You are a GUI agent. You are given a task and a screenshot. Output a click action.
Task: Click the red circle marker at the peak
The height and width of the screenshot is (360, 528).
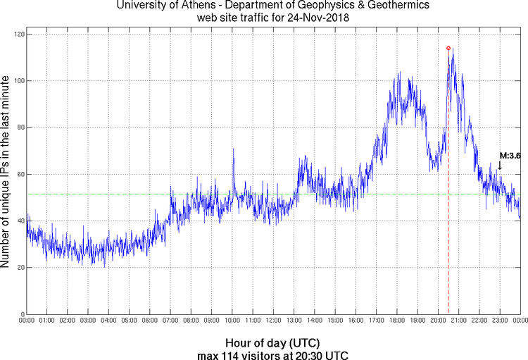pos(448,48)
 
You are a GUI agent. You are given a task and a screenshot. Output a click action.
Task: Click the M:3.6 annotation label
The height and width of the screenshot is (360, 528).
pos(510,156)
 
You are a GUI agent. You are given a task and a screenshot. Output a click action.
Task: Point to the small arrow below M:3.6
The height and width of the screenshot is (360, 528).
pos(500,166)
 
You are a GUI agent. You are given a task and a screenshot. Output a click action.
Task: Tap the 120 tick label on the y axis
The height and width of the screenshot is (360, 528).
pos(18,34)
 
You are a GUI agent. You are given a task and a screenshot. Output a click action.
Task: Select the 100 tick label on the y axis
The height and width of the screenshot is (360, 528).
pos(18,80)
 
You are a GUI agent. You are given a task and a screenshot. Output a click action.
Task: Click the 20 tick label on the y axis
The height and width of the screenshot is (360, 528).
pos(20,268)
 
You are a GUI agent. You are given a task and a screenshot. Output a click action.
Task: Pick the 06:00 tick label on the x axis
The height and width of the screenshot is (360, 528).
pos(150,321)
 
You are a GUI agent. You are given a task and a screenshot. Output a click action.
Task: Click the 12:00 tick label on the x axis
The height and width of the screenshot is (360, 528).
pos(273,321)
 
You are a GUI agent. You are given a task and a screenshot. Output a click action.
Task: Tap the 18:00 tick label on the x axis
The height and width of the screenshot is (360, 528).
pos(397,321)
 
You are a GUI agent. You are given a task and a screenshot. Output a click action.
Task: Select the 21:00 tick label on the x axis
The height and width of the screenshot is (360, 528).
pos(459,321)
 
